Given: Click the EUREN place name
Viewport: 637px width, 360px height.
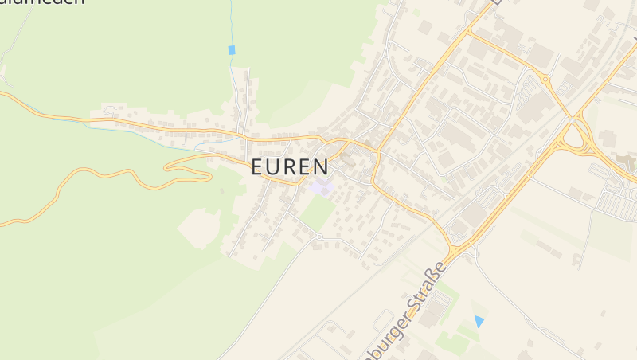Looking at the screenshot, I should [x=290, y=167].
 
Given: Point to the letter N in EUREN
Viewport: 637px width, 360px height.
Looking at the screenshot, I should [x=320, y=167].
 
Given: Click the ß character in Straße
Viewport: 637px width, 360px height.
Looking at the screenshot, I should [x=431, y=275].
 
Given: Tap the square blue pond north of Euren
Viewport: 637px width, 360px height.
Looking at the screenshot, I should [x=232, y=50].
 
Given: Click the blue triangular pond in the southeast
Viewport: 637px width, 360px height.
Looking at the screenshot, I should [x=479, y=321].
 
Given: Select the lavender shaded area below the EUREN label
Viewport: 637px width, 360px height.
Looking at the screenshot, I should [x=322, y=189].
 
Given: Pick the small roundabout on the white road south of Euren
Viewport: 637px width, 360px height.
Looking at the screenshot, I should [x=318, y=237].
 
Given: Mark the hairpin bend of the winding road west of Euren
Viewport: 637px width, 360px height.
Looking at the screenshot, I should [x=168, y=166].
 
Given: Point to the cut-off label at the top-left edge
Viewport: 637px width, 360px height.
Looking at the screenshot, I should [x=44, y=3].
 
